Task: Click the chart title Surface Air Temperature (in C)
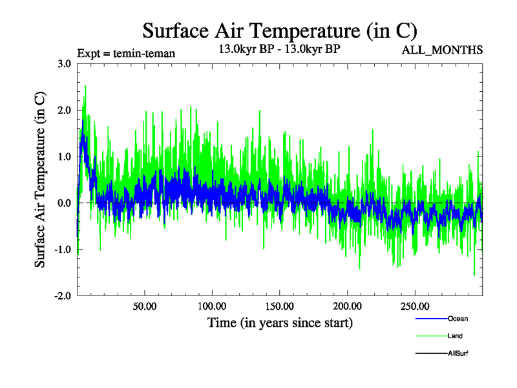tap(280, 30)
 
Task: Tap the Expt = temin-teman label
tap(125, 54)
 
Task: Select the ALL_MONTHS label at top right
tap(442, 50)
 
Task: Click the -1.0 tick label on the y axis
tap(63, 250)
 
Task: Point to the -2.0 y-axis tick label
tap(63, 296)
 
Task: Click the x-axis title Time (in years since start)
tap(280, 322)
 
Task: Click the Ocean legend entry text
tap(458, 318)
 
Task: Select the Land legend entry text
tap(455, 336)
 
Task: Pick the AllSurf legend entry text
tap(458, 354)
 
